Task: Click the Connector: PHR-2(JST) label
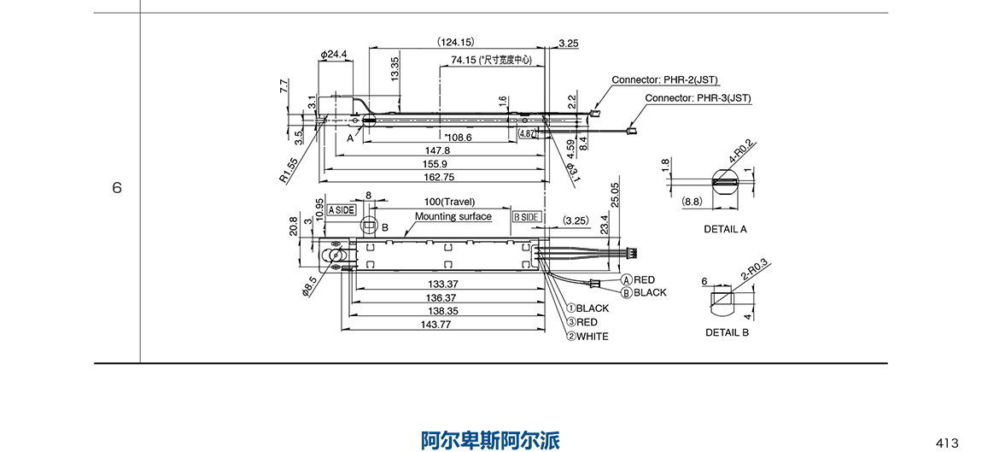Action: click(x=664, y=79)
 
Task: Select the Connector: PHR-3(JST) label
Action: click(x=698, y=98)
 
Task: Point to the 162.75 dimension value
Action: click(x=437, y=177)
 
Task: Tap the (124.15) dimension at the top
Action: click(x=455, y=42)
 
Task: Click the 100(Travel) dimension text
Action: click(x=449, y=202)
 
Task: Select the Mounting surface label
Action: click(x=453, y=217)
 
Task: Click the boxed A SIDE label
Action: click(x=341, y=210)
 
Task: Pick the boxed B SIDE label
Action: click(x=526, y=217)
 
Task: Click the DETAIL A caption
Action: click(x=725, y=229)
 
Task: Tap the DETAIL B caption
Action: click(x=727, y=332)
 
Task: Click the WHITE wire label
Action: click(x=593, y=337)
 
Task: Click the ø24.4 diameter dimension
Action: click(x=333, y=55)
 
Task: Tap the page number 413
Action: click(x=947, y=443)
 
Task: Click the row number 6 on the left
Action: click(x=117, y=187)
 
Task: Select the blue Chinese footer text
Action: click(x=490, y=440)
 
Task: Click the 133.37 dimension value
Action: click(x=441, y=284)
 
